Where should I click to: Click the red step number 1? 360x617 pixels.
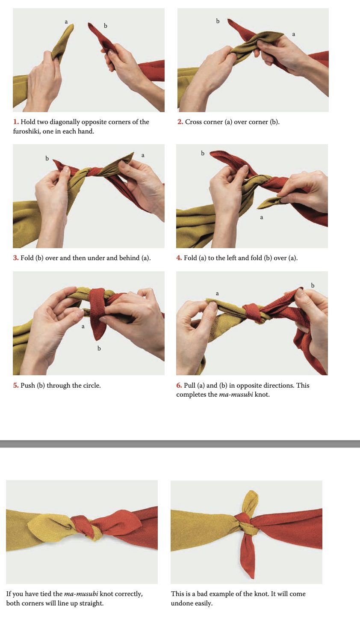pyautogui.click(x=16, y=122)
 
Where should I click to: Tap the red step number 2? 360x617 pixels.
pyautogui.click(x=180, y=122)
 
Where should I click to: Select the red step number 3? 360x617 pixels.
pyautogui.click(x=16, y=258)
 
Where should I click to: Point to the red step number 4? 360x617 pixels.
pyautogui.click(x=179, y=258)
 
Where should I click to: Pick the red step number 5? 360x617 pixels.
pyautogui.click(x=16, y=386)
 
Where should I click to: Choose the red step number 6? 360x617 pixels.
pyautogui.click(x=179, y=386)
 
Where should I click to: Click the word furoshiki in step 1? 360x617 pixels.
pyautogui.click(x=27, y=131)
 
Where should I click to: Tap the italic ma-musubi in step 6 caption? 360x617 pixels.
pyautogui.click(x=236, y=395)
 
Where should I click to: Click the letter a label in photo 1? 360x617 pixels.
pyautogui.click(x=66, y=22)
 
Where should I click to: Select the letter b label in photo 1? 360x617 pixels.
pyautogui.click(x=106, y=26)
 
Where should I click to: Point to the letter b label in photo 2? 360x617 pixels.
pyautogui.click(x=218, y=21)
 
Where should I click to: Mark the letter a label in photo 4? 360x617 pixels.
pyautogui.click(x=262, y=217)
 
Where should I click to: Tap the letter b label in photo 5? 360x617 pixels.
pyautogui.click(x=99, y=348)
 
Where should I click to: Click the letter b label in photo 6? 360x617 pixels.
pyautogui.click(x=313, y=285)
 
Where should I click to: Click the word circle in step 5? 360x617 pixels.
pyautogui.click(x=91, y=386)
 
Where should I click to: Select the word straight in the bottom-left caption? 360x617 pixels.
pyautogui.click(x=91, y=603)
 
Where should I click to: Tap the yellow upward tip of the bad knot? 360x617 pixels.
pyautogui.click(x=251, y=492)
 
